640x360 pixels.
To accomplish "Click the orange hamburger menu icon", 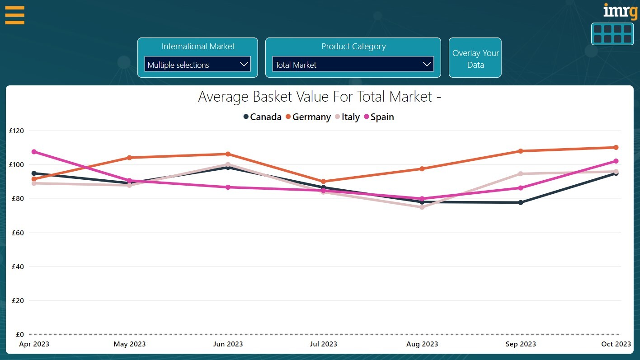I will pyautogui.click(x=14, y=15).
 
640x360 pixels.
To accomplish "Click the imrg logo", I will pyautogui.click(x=620, y=11).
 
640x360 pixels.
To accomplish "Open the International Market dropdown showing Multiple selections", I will pyautogui.click(x=198, y=65).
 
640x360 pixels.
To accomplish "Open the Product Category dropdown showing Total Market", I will pyautogui.click(x=353, y=65).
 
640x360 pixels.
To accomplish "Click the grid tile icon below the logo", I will pyautogui.click(x=612, y=34).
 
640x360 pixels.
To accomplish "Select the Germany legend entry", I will pyautogui.click(x=308, y=117).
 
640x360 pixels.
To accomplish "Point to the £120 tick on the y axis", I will pyautogui.click(x=16, y=131).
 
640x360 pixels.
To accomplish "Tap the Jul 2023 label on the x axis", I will pyautogui.click(x=323, y=344).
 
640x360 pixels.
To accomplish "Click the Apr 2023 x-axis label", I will pyautogui.click(x=34, y=344).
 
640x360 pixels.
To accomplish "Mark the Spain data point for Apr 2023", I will pyautogui.click(x=34, y=152).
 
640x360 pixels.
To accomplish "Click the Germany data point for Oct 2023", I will pyautogui.click(x=616, y=147).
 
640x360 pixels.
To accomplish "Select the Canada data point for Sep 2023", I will pyautogui.click(x=521, y=202).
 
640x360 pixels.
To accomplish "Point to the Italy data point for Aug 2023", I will pyautogui.click(x=422, y=207).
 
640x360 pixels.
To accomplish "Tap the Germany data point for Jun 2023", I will pyautogui.click(x=228, y=154).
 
